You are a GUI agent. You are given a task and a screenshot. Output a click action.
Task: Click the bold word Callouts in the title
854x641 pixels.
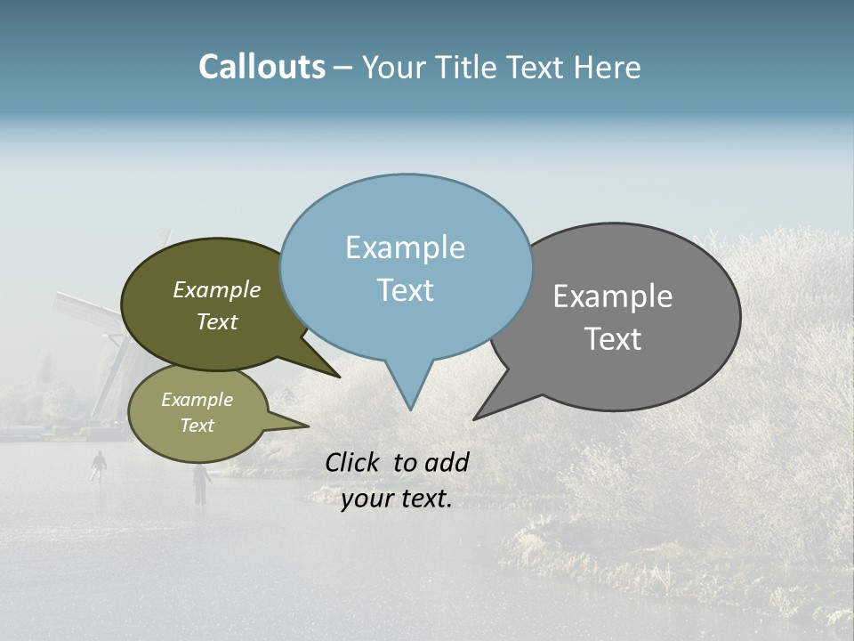262,67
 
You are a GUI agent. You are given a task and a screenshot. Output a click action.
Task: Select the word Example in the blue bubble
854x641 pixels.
405,247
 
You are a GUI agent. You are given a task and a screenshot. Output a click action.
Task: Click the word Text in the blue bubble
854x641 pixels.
405,290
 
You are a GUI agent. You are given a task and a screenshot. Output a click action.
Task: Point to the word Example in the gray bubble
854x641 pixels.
613,296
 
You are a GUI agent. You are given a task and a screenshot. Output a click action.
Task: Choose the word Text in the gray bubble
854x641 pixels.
613,339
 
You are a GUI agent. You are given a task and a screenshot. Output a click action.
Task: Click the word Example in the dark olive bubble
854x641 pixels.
217,290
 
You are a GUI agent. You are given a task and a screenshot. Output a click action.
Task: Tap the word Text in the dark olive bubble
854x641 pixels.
217,322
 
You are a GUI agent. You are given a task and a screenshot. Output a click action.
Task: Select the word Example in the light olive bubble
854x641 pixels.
197,400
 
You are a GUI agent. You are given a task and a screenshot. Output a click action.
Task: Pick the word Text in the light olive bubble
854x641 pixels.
197,426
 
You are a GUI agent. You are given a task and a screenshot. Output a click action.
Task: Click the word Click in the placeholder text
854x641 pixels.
354,462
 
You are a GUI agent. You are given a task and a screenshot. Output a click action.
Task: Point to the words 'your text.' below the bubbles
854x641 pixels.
397,499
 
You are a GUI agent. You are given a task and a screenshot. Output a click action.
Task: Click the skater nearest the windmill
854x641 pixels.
99,465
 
